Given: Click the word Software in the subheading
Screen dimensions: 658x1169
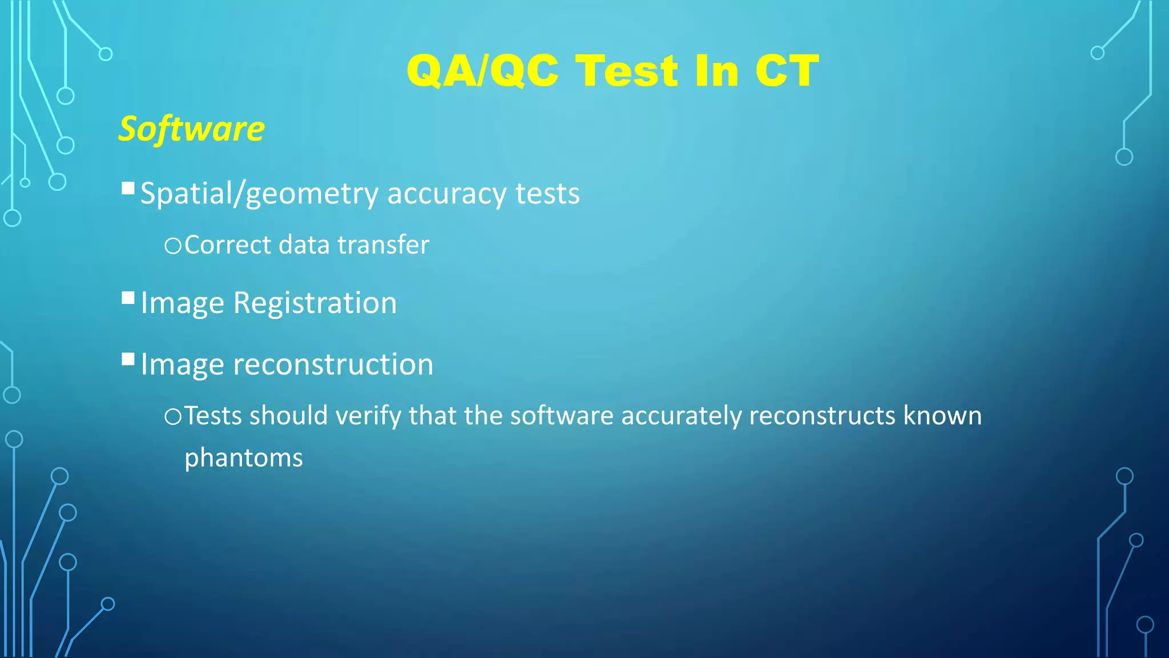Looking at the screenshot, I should pyautogui.click(x=191, y=129).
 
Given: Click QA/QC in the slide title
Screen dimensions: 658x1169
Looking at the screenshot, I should pyautogui.click(x=482, y=71).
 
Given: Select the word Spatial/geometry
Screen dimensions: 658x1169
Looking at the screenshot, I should pyautogui.click(x=259, y=194).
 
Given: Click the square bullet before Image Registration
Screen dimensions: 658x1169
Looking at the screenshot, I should pyautogui.click(x=128, y=298).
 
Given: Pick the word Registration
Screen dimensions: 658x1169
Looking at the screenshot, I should pyautogui.click(x=315, y=303).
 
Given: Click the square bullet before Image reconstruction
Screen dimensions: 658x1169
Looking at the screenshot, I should pyautogui.click(x=128, y=360).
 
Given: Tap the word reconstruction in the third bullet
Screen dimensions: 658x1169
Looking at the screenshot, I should pyautogui.click(x=333, y=364).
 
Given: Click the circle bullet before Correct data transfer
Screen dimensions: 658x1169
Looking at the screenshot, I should pyautogui.click(x=172, y=246).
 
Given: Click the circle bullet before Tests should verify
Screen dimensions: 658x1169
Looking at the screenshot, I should pyautogui.click(x=172, y=417).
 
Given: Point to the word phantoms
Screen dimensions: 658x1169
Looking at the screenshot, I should pyautogui.click(x=243, y=458).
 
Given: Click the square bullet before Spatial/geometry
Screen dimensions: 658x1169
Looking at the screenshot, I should pyautogui.click(x=128, y=188).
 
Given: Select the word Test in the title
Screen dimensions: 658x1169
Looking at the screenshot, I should pyautogui.click(x=627, y=71).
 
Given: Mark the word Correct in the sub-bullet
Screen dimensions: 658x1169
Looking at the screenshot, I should pyautogui.click(x=228, y=245).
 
